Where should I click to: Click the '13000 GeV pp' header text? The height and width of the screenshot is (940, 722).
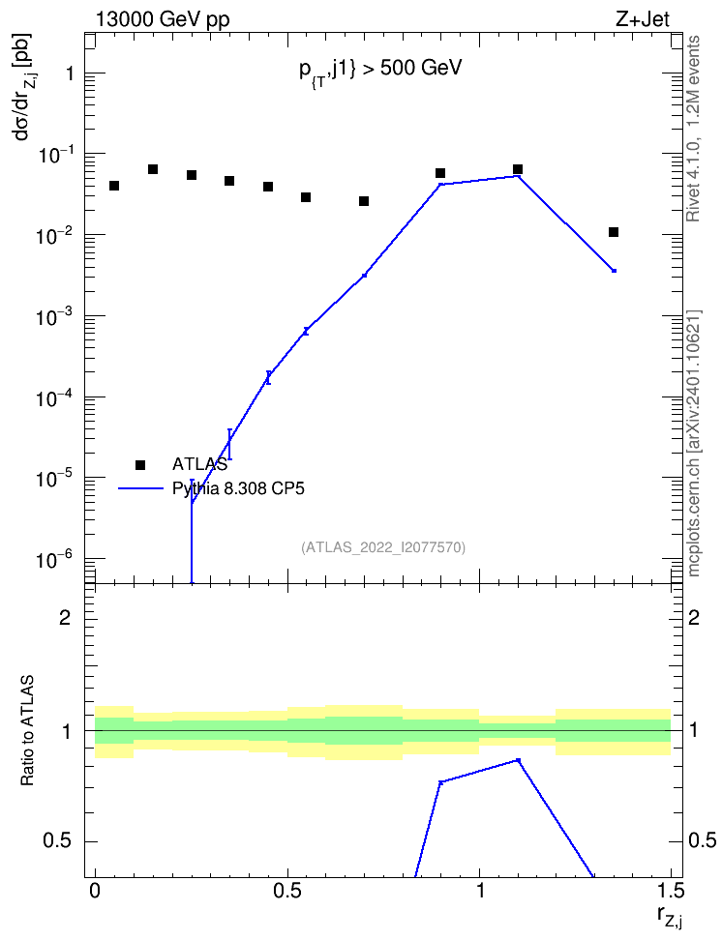(162, 19)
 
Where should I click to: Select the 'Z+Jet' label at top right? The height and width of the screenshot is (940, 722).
(643, 19)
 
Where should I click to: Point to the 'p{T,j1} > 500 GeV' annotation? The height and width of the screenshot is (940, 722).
(380, 71)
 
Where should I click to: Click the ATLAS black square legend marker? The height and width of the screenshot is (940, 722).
(140, 464)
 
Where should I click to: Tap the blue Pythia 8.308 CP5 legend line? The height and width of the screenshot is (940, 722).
(140, 488)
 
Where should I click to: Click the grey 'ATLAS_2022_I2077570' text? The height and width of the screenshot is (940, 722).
(383, 546)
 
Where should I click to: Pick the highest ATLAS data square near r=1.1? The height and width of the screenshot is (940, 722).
(518, 169)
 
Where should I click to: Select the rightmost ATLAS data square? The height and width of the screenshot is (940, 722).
(614, 232)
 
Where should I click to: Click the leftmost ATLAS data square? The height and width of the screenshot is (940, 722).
(114, 186)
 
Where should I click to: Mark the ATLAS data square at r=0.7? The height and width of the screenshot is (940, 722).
(364, 201)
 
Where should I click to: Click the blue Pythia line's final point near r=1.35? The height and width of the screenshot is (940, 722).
(614, 271)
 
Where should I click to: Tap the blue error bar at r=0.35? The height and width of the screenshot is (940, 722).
(229, 444)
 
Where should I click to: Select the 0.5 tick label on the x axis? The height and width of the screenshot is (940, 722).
(286, 891)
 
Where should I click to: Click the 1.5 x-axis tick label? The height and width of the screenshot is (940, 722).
(671, 891)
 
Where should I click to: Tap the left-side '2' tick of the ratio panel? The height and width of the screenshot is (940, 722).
(65, 617)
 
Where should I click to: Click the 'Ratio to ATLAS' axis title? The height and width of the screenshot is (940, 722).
(27, 731)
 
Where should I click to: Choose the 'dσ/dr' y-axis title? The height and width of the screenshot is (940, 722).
(24, 85)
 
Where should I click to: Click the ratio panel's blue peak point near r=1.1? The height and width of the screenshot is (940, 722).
(519, 760)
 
